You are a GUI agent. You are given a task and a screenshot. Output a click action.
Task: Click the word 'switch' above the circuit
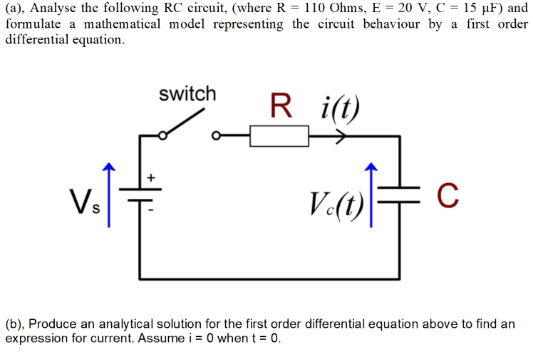[x=187, y=94]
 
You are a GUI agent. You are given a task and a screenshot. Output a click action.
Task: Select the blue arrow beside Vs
[x=108, y=194]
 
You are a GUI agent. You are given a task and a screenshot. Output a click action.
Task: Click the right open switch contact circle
[x=217, y=135]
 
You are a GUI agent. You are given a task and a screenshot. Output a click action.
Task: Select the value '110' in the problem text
[x=319, y=9]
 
